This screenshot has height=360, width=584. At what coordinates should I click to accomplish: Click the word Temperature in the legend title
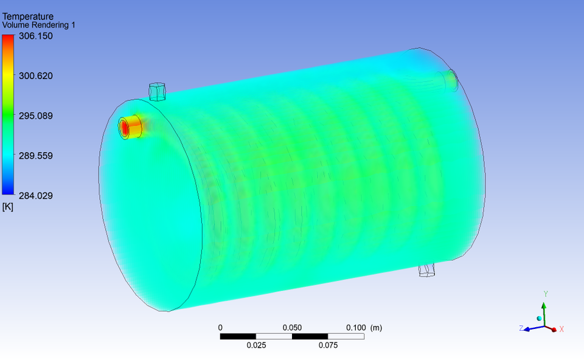pos(28,16)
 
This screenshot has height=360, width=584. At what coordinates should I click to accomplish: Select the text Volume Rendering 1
pos(39,25)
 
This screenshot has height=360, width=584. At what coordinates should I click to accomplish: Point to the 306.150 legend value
pos(36,36)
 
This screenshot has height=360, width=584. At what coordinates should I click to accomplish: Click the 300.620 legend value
pos(36,76)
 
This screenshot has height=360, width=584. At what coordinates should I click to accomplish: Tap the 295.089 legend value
pos(36,116)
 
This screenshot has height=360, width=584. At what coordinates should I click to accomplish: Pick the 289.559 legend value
pos(36,156)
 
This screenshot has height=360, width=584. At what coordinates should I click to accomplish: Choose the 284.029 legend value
pos(36,195)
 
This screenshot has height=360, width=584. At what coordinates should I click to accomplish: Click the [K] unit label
pos(8,207)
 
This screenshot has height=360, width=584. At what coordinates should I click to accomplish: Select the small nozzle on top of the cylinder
pos(158,91)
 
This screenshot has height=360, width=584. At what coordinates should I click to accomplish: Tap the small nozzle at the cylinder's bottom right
pos(427,269)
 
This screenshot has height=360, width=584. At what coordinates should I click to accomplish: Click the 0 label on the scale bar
pos(220,328)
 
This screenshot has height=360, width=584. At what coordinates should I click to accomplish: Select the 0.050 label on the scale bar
pos(292,328)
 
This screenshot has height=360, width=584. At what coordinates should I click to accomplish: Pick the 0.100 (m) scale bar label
pos(364,328)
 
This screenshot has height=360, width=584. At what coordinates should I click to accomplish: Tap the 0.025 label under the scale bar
pos(256,345)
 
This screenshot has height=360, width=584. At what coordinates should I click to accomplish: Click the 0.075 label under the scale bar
pos(328,345)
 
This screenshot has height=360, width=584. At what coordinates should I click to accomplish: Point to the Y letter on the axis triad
pos(546,294)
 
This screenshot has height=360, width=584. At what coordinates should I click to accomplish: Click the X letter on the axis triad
pos(561,329)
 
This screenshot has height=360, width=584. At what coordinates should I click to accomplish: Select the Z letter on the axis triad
pos(521,328)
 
